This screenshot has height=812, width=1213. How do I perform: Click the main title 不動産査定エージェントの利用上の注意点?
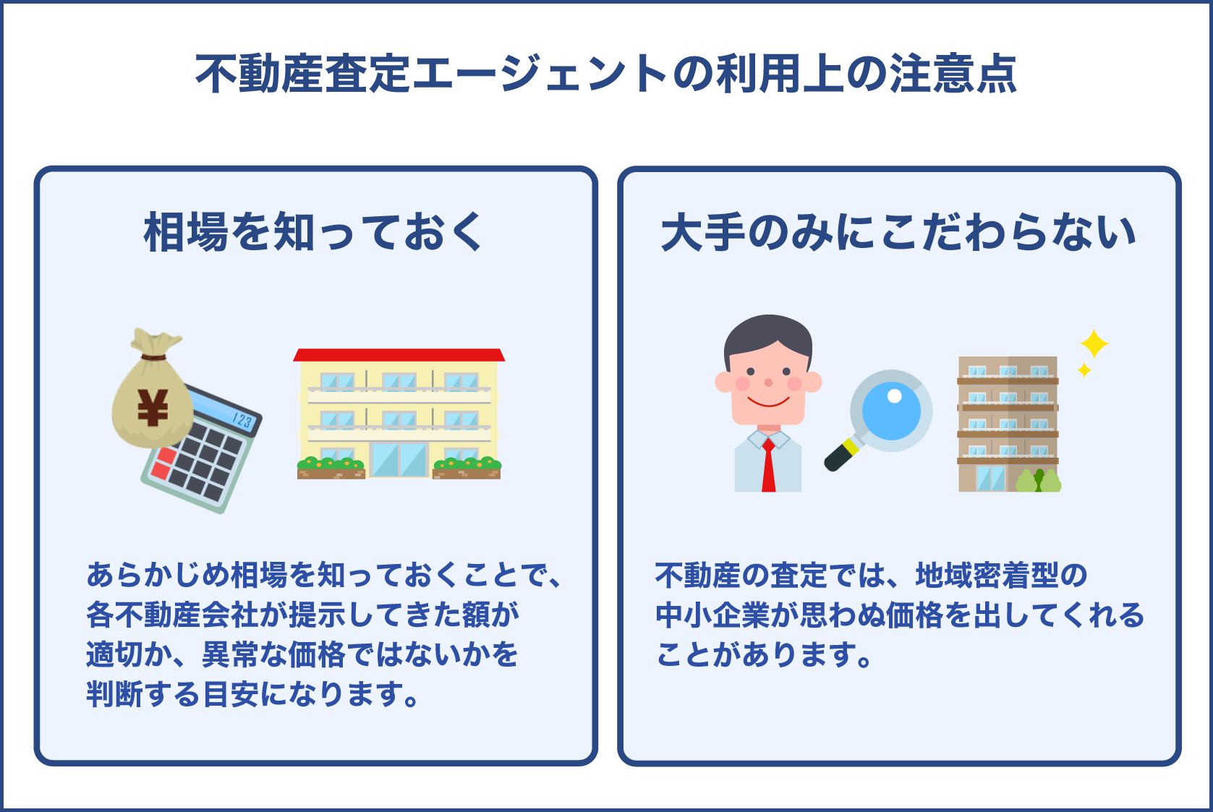pyautogui.click(x=606, y=74)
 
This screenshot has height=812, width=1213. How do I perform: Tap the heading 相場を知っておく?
pyautogui.click(x=313, y=233)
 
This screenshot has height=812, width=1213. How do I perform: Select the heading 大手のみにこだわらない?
pyautogui.click(x=898, y=233)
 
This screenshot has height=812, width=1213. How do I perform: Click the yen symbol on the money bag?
pyautogui.click(x=153, y=408)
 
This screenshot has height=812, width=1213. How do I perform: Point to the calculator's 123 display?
pyautogui.click(x=242, y=420)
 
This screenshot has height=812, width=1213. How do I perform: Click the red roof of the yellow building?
pyautogui.click(x=399, y=355)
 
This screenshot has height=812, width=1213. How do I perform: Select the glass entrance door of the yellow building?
pyautogui.click(x=399, y=459)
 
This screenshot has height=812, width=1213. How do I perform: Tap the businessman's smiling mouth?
pyautogui.click(x=768, y=402)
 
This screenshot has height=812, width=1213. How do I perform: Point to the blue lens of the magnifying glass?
pyautogui.click(x=891, y=411)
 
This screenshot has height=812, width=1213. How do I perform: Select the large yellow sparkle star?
pyautogui.click(x=1094, y=343)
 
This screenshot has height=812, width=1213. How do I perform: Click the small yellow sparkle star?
pyautogui.click(x=1084, y=370)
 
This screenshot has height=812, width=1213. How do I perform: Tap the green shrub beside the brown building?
pyautogui.click(x=1039, y=481)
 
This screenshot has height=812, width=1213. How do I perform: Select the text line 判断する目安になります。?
pyautogui.click(x=252, y=694)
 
